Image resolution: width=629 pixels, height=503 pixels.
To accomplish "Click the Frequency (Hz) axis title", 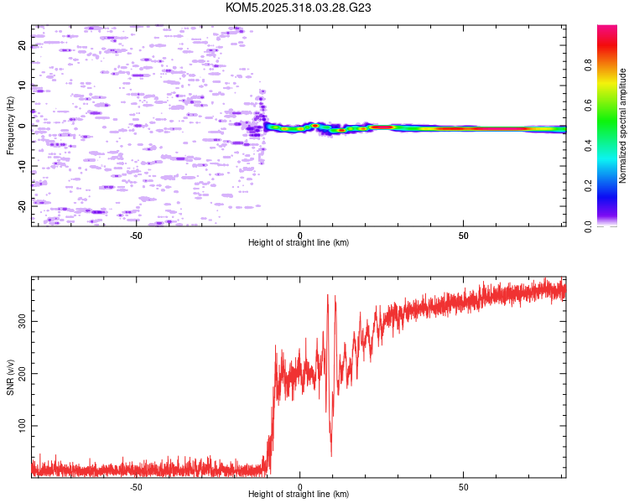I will click(10, 125).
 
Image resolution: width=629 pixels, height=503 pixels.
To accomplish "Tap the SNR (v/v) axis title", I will click(10, 376).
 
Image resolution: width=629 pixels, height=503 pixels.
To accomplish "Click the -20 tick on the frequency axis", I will click(22, 205).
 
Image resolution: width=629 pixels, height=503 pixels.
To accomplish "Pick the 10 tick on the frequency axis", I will click(22, 86).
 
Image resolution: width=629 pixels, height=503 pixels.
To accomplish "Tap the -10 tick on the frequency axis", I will click(22, 165).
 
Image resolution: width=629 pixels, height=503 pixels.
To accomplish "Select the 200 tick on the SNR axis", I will click(22, 374).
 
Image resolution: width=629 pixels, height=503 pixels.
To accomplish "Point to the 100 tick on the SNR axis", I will click(22, 427).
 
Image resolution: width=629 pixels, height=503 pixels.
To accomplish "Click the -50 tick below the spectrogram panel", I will click(136, 235).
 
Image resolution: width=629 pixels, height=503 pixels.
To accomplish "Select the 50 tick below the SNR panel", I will click(464, 486).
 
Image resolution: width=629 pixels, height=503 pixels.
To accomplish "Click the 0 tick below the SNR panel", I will click(299, 486).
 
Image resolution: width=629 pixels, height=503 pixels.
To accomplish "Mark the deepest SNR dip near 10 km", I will click(331, 455).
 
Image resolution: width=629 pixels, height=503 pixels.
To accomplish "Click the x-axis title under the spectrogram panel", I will click(299, 243).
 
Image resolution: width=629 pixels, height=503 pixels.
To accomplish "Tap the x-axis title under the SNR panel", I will click(299, 495).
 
